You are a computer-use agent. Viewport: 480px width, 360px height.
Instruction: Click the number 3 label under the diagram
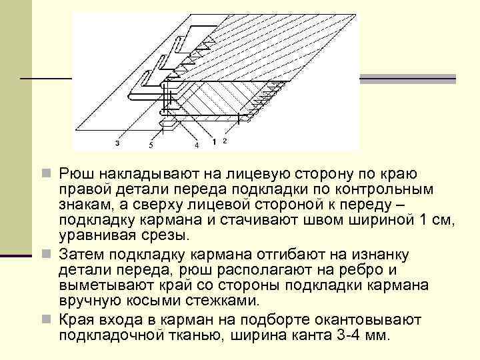pyautogui.click(x=117, y=143)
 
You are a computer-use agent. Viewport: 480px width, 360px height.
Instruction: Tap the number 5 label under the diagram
pyautogui.click(x=151, y=145)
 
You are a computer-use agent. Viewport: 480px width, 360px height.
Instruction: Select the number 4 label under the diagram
pyautogui.click(x=196, y=145)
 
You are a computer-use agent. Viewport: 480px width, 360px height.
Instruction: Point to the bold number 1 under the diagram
pyautogui.click(x=214, y=142)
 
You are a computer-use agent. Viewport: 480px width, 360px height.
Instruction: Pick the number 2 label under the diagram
pyautogui.click(x=225, y=141)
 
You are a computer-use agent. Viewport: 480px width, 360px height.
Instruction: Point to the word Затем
pyautogui.click(x=79, y=255)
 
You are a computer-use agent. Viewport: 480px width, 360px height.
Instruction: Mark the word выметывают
pyautogui.click(x=104, y=286)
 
